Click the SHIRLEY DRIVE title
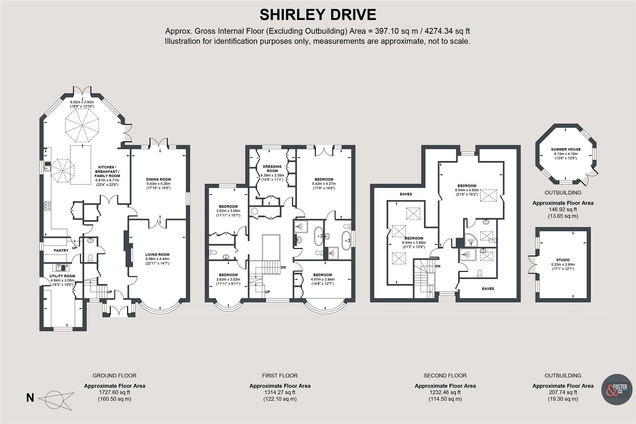pyautogui.click(x=318, y=15)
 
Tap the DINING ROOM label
pyautogui.click(x=159, y=179)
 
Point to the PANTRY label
pyautogui.click(x=61, y=250)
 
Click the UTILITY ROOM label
pyautogui.click(x=62, y=276)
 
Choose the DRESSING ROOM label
pyautogui.click(x=272, y=169)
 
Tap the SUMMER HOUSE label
pyautogui.click(x=565, y=149)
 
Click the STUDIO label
pyautogui.click(x=563, y=260)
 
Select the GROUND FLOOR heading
pyautogui.click(x=114, y=376)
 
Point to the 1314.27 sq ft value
pyautogui.click(x=280, y=392)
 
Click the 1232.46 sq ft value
pyautogui.click(x=445, y=392)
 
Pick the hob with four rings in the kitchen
pyautogui.click(x=47, y=206)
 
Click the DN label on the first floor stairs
pyautogui.click(x=283, y=267)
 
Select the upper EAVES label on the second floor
pyautogui.click(x=406, y=194)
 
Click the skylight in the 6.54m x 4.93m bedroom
pyautogui.click(x=489, y=195)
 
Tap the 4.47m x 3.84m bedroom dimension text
pyautogui.click(x=322, y=279)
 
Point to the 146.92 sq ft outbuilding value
pyautogui.click(x=563, y=210)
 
